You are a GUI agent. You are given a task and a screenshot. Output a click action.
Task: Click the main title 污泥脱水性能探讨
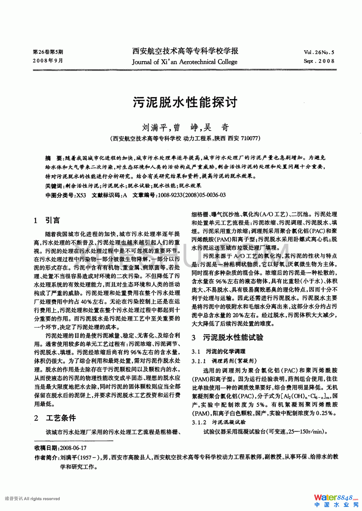(185, 102)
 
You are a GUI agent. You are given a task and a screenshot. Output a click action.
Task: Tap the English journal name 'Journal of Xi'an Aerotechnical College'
(184, 62)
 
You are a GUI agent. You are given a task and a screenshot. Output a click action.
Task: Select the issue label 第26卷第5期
(48, 52)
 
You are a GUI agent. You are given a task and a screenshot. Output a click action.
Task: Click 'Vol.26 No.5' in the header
(319, 53)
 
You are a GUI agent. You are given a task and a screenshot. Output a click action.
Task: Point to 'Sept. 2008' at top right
(319, 61)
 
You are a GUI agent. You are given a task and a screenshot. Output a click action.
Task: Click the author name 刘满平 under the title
(155, 128)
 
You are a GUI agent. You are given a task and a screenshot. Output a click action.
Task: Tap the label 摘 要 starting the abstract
(54, 158)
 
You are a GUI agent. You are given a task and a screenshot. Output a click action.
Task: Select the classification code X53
(81, 195)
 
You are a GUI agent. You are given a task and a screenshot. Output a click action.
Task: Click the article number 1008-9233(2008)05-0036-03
(192, 195)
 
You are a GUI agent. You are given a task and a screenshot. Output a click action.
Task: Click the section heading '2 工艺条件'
(54, 418)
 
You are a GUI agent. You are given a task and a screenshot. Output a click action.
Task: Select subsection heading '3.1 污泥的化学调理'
(218, 351)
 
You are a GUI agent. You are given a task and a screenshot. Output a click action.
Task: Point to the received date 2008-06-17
(73, 448)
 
